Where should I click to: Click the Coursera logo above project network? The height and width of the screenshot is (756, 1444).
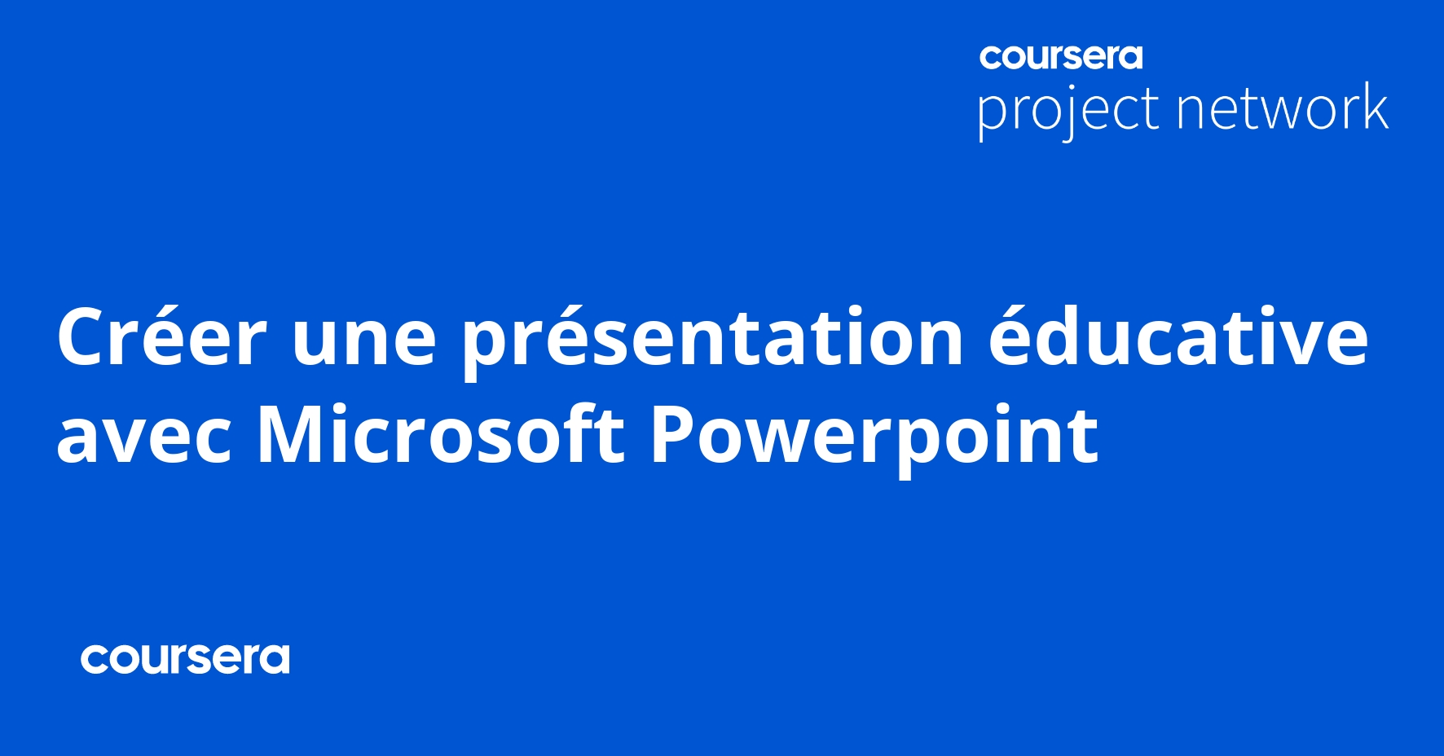click(1061, 57)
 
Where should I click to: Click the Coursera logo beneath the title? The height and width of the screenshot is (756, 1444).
click(185, 659)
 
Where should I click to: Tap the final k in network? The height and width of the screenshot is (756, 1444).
click(1375, 107)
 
